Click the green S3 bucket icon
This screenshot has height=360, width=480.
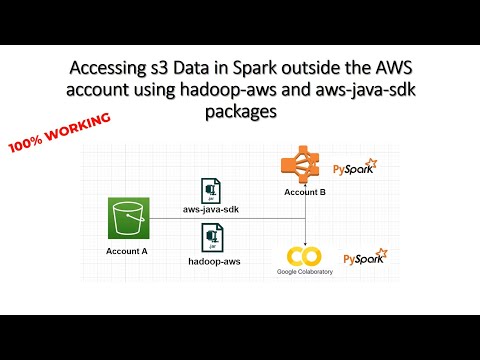coord(128,219)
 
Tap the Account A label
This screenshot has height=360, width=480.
coord(127,251)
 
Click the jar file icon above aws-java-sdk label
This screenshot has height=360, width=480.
coord(211,190)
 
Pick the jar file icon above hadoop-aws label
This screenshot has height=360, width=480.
coord(212,237)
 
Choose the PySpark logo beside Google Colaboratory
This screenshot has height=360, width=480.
coord(365,258)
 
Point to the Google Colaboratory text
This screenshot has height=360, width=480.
coord(304,271)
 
